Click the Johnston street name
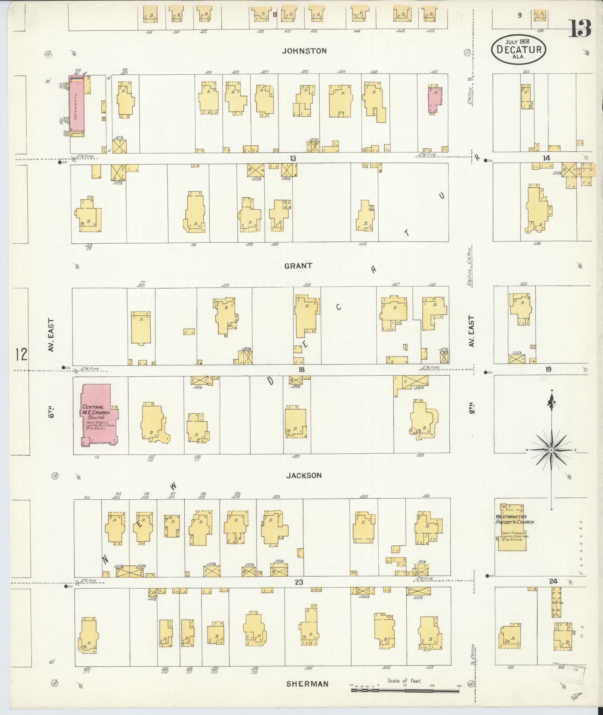tap(304, 51)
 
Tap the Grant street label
tap(298, 266)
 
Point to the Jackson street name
tap(304, 476)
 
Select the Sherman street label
tap(307, 684)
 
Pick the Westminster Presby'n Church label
tap(514, 520)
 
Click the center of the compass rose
tap(551, 450)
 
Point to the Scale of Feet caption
tap(404, 681)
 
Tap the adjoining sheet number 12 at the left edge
tap(21, 354)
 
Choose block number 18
tap(301, 370)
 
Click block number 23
tap(298, 582)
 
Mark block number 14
tap(546, 158)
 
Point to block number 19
tap(548, 369)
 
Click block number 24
tap(553, 581)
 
